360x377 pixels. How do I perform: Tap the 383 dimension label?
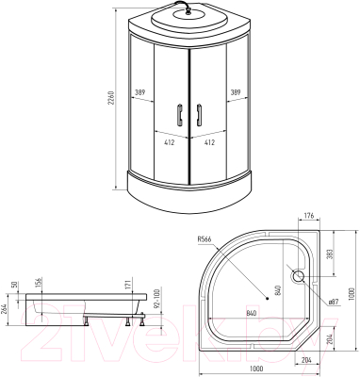coord(331,256)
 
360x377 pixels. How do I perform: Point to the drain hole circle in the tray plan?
coord(301,277)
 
